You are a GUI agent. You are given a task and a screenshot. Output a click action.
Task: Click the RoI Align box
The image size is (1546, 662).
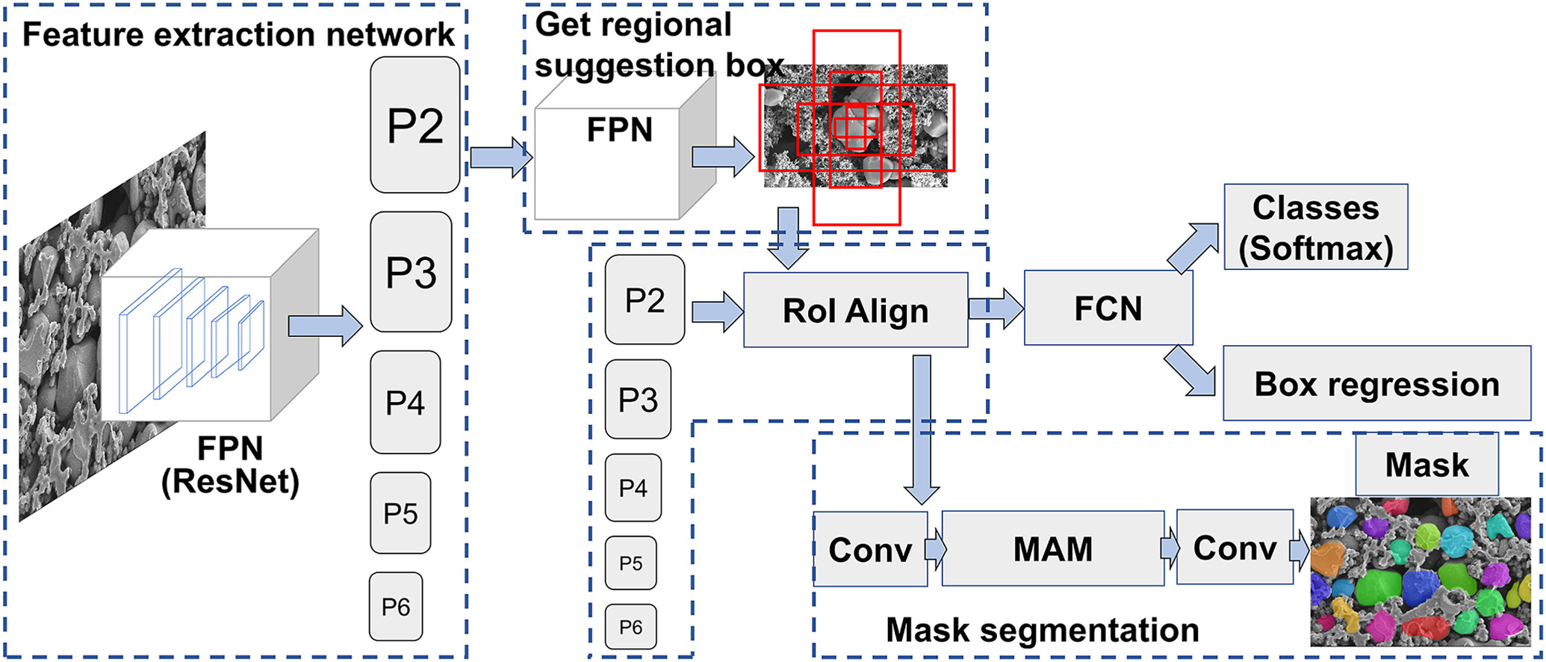pyautogui.click(x=855, y=310)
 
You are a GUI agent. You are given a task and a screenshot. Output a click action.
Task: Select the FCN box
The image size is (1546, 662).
pyautogui.click(x=1108, y=308)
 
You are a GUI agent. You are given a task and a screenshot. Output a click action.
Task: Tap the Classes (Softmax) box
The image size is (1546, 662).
pyautogui.click(x=1315, y=227)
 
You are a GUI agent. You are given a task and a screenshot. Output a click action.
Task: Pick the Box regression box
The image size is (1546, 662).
pyautogui.click(x=1376, y=383)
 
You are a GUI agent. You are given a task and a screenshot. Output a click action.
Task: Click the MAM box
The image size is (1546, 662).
pyautogui.click(x=1052, y=549)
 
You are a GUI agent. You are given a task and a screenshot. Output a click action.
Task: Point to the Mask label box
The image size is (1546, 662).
pyautogui.click(x=1427, y=464)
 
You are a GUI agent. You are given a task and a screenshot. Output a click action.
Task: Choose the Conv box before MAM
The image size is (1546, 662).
pyautogui.click(x=870, y=549)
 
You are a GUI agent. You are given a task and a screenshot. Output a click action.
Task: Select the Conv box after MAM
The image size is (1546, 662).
pyautogui.click(x=1235, y=548)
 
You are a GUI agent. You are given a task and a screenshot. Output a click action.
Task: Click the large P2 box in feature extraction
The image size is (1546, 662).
pyautogui.click(x=415, y=125)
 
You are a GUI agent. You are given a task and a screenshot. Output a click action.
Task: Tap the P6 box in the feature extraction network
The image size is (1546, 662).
pyautogui.click(x=396, y=606)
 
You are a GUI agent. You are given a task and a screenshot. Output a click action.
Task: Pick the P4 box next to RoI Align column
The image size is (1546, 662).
pyautogui.click(x=633, y=488)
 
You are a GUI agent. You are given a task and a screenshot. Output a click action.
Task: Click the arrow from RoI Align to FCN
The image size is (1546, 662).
pyautogui.click(x=996, y=308)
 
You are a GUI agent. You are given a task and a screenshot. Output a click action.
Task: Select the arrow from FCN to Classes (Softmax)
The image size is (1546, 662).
pyautogui.click(x=1193, y=247)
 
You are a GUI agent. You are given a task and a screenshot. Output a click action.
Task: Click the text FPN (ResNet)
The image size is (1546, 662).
pyautogui.click(x=230, y=465)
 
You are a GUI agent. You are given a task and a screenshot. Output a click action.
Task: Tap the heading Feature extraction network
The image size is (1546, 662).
pyautogui.click(x=238, y=34)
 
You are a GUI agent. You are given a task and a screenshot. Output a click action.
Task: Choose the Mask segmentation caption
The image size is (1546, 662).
pyautogui.click(x=1042, y=630)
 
